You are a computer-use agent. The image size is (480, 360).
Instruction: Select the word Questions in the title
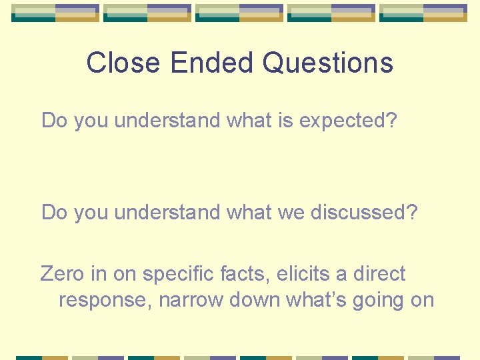[x=327, y=63]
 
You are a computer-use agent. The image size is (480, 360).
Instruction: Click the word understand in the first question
[x=168, y=121]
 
